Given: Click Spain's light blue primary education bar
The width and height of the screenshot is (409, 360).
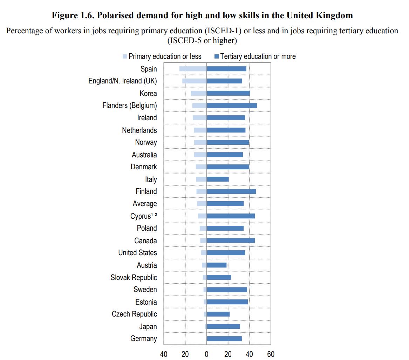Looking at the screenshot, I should [193, 69].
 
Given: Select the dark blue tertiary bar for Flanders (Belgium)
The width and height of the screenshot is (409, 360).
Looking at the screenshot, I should [232, 106].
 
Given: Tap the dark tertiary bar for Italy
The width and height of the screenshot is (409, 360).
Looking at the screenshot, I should [218, 179].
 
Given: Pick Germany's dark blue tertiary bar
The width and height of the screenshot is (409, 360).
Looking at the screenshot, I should [224, 339].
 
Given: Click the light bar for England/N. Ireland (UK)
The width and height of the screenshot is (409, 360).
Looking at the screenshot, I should [195, 81].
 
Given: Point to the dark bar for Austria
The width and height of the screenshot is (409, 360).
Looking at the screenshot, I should [217, 265].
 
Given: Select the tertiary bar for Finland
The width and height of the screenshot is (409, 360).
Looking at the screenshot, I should [231, 191].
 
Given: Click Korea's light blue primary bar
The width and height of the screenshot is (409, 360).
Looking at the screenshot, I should [199, 93].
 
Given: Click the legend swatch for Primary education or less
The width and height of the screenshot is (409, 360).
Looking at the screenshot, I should [124, 56].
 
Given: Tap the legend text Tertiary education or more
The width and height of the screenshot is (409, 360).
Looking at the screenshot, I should [258, 56].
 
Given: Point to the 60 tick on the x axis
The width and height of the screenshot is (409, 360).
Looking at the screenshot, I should [271, 354].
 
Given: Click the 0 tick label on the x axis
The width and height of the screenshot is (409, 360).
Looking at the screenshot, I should [206, 354].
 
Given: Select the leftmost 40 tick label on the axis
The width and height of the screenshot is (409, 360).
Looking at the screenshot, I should [164, 354].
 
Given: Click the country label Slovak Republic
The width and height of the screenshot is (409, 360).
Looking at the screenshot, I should [134, 278].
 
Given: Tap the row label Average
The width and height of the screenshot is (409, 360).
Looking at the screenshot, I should [145, 204].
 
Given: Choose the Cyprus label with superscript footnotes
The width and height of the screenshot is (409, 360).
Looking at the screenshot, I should [143, 216].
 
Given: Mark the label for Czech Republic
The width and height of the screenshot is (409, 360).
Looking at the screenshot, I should [134, 314].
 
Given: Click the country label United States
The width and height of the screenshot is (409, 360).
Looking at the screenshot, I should [137, 253].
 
